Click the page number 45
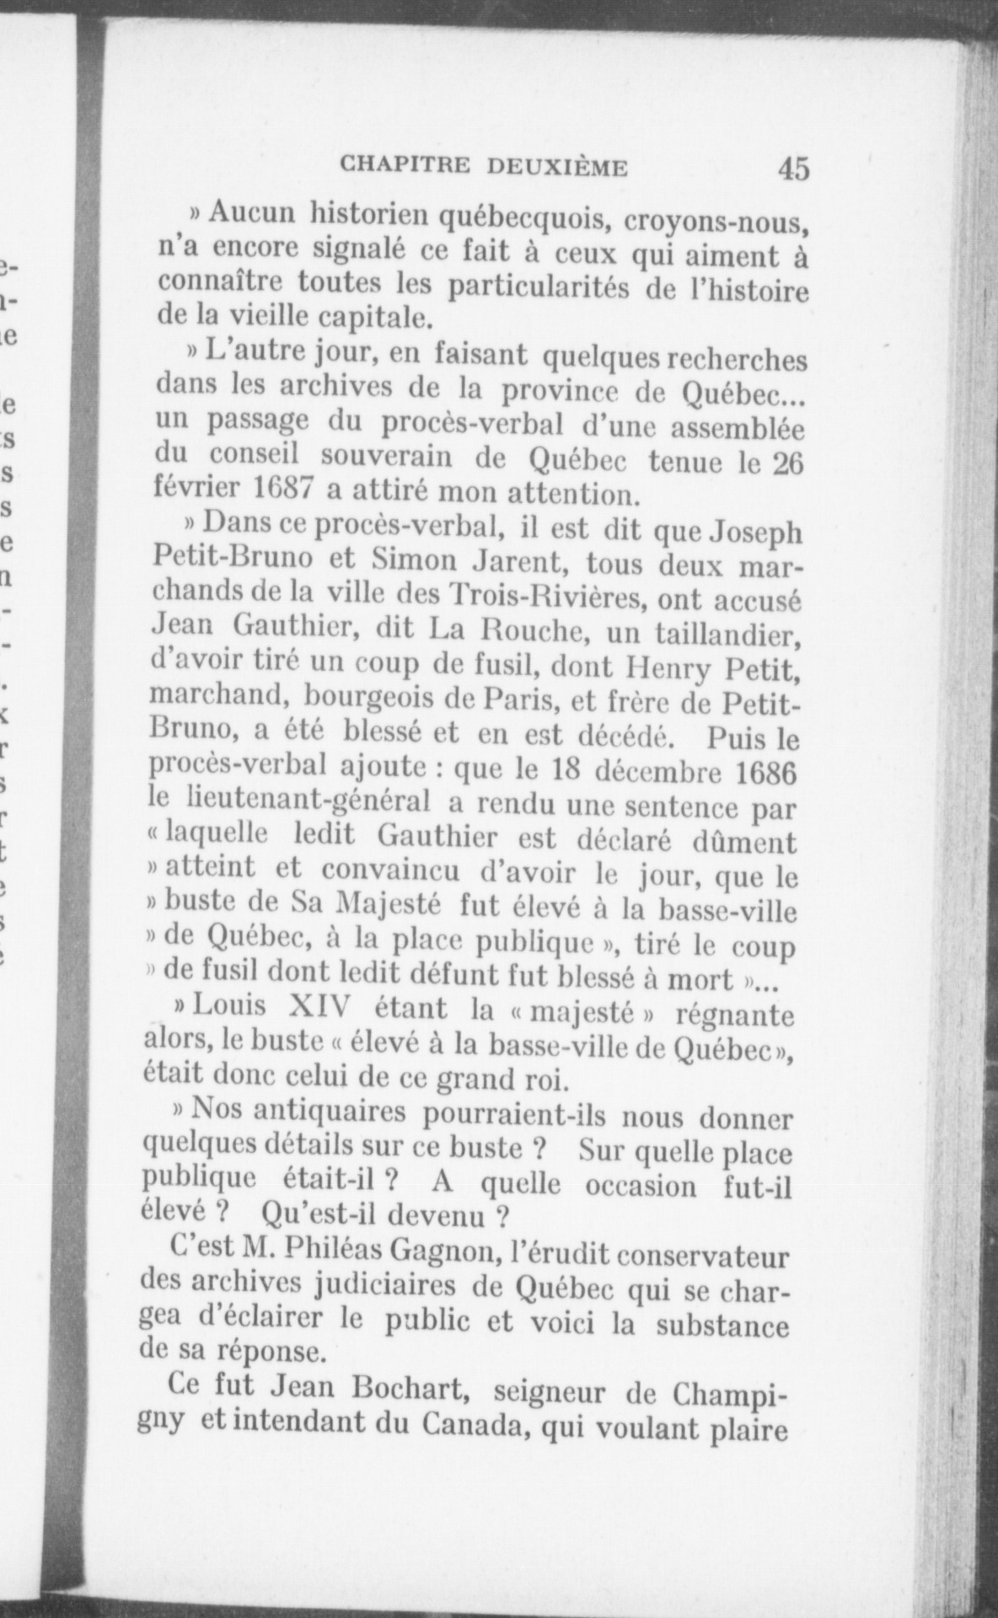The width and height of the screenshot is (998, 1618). click(794, 169)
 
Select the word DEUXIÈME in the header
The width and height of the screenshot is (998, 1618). click(558, 167)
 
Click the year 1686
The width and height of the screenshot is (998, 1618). click(765, 774)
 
